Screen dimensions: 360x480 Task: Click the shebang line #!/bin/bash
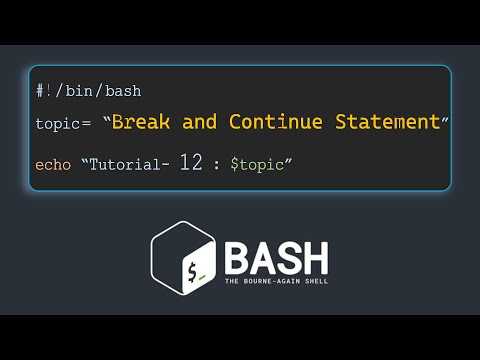[x=88, y=91]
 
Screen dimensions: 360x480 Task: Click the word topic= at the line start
[x=63, y=124]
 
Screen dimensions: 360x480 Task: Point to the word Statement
[x=384, y=122]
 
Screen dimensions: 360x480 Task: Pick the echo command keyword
[x=53, y=164]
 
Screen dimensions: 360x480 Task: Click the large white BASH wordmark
[x=275, y=259]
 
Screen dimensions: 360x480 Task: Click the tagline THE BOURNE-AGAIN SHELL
[x=275, y=283]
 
